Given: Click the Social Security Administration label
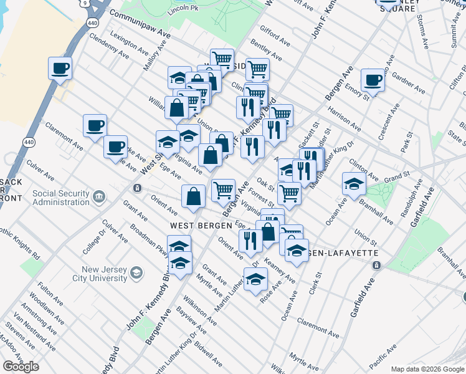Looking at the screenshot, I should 61,198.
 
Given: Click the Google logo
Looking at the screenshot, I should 21,367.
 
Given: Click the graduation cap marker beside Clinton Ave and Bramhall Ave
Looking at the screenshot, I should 353,183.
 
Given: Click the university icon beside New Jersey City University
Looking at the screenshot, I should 136,273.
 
